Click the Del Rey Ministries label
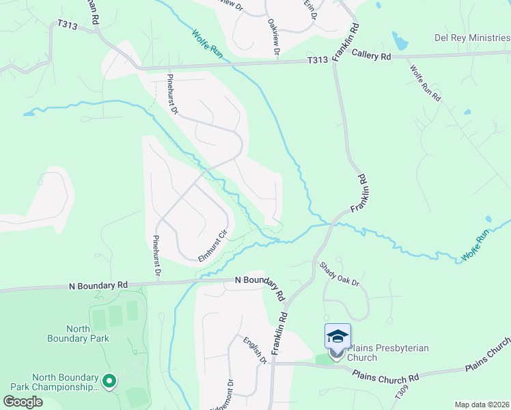(x=472, y=38)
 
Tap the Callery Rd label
(x=371, y=57)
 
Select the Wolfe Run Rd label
(x=425, y=83)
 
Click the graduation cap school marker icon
(x=337, y=336)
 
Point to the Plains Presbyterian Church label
(x=388, y=353)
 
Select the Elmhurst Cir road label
(x=212, y=247)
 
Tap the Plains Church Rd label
(x=386, y=376)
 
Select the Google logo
(x=23, y=401)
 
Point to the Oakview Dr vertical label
(x=274, y=36)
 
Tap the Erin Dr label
(x=310, y=9)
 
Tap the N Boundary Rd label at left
(x=99, y=285)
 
